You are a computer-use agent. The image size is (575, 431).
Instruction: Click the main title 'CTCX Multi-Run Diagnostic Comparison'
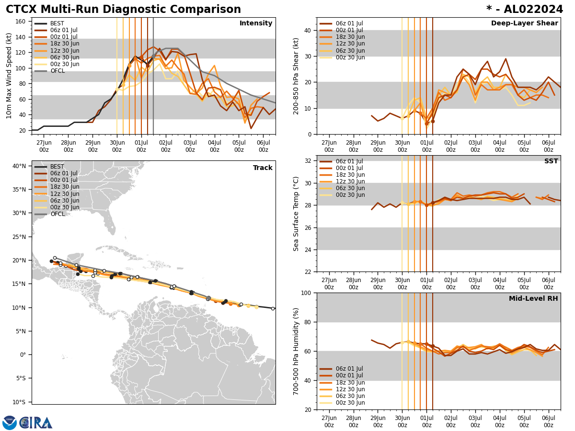(x=123, y=10)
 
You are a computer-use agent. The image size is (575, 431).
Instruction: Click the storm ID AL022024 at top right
(x=525, y=10)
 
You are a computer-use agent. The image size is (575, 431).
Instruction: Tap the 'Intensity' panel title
(x=256, y=23)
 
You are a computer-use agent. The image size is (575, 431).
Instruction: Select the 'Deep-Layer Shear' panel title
(x=524, y=23)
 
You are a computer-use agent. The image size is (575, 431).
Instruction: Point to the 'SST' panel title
(x=551, y=161)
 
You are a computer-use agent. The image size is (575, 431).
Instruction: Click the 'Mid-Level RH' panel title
(x=533, y=299)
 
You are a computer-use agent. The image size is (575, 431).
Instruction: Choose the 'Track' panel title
(x=263, y=168)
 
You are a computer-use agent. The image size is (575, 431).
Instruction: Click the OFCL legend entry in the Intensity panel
(x=57, y=71)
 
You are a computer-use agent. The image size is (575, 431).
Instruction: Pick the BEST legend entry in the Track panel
(x=57, y=167)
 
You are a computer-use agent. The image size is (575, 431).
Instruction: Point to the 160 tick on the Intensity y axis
(x=21, y=21)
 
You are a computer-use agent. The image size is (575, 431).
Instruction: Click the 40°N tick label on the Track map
(x=19, y=166)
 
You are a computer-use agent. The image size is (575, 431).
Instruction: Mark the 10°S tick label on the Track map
(x=19, y=402)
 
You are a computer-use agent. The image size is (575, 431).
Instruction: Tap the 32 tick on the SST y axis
(x=308, y=160)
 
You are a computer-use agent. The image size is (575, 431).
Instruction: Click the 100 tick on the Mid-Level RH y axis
(x=306, y=293)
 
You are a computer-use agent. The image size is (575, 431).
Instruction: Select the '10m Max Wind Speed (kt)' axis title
(x=9, y=76)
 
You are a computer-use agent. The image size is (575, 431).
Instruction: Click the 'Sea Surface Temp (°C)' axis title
(x=296, y=214)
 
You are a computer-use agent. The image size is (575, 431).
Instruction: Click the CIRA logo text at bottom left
(x=36, y=423)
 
